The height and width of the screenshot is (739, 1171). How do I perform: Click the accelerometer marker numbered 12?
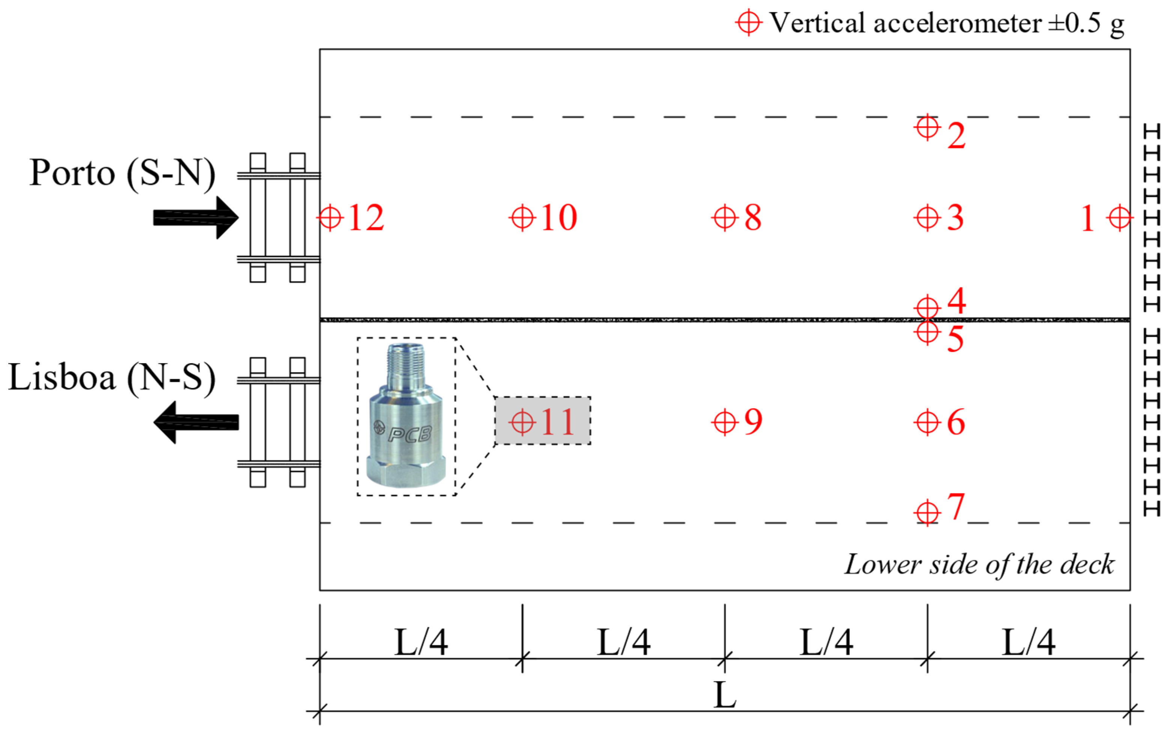pos(330,217)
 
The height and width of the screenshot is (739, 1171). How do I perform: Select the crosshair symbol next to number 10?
pos(522,217)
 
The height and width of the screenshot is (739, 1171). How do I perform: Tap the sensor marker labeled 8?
pos(725,217)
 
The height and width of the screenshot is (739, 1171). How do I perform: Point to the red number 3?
pos(955,217)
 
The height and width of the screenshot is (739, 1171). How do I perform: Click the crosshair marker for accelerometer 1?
pos(1120,217)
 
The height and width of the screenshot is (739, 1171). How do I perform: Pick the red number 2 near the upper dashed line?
pos(956,136)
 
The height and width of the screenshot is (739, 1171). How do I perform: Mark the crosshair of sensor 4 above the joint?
pos(927,308)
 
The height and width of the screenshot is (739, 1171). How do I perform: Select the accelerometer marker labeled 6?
pos(927,422)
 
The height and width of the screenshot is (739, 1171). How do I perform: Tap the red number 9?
pos(753,421)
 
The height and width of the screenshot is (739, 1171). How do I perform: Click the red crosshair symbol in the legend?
pos(748,23)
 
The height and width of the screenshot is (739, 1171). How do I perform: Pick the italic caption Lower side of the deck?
pos(979,564)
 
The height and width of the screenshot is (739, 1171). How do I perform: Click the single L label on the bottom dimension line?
pos(725,696)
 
